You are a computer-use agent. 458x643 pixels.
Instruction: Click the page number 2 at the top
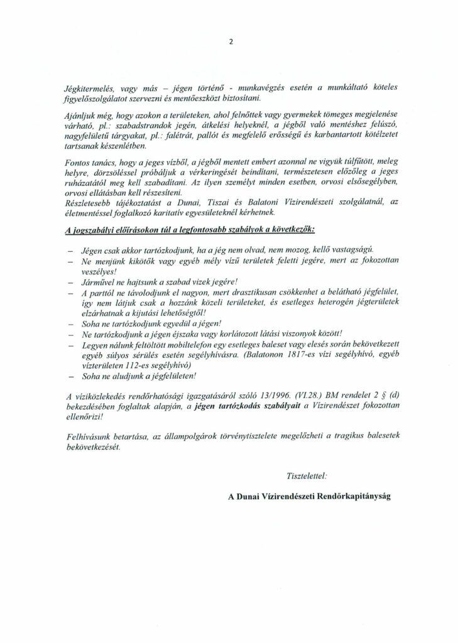tap(231, 43)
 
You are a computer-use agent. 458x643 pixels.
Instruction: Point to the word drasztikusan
tap(249, 292)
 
